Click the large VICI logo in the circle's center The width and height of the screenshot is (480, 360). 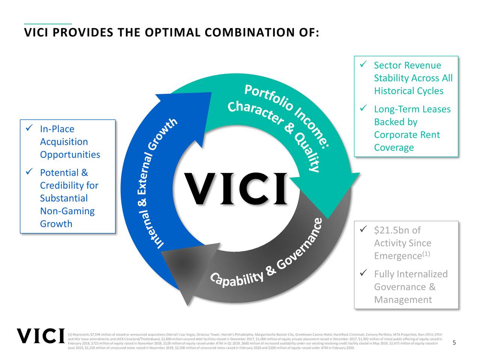pos(237,189)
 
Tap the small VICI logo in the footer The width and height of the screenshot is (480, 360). pos(40,336)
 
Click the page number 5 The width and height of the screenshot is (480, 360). pos(454,343)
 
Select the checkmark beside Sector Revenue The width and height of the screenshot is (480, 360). pos(363,65)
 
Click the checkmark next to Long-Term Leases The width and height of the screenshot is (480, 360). pos(363,108)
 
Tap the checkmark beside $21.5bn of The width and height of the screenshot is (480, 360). pos(363,229)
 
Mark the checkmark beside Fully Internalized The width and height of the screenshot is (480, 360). pos(363,273)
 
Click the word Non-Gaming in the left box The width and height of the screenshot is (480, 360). pos(67,211)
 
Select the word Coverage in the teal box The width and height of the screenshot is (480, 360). pos(394,148)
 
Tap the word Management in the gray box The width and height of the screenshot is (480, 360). pos(403,300)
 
